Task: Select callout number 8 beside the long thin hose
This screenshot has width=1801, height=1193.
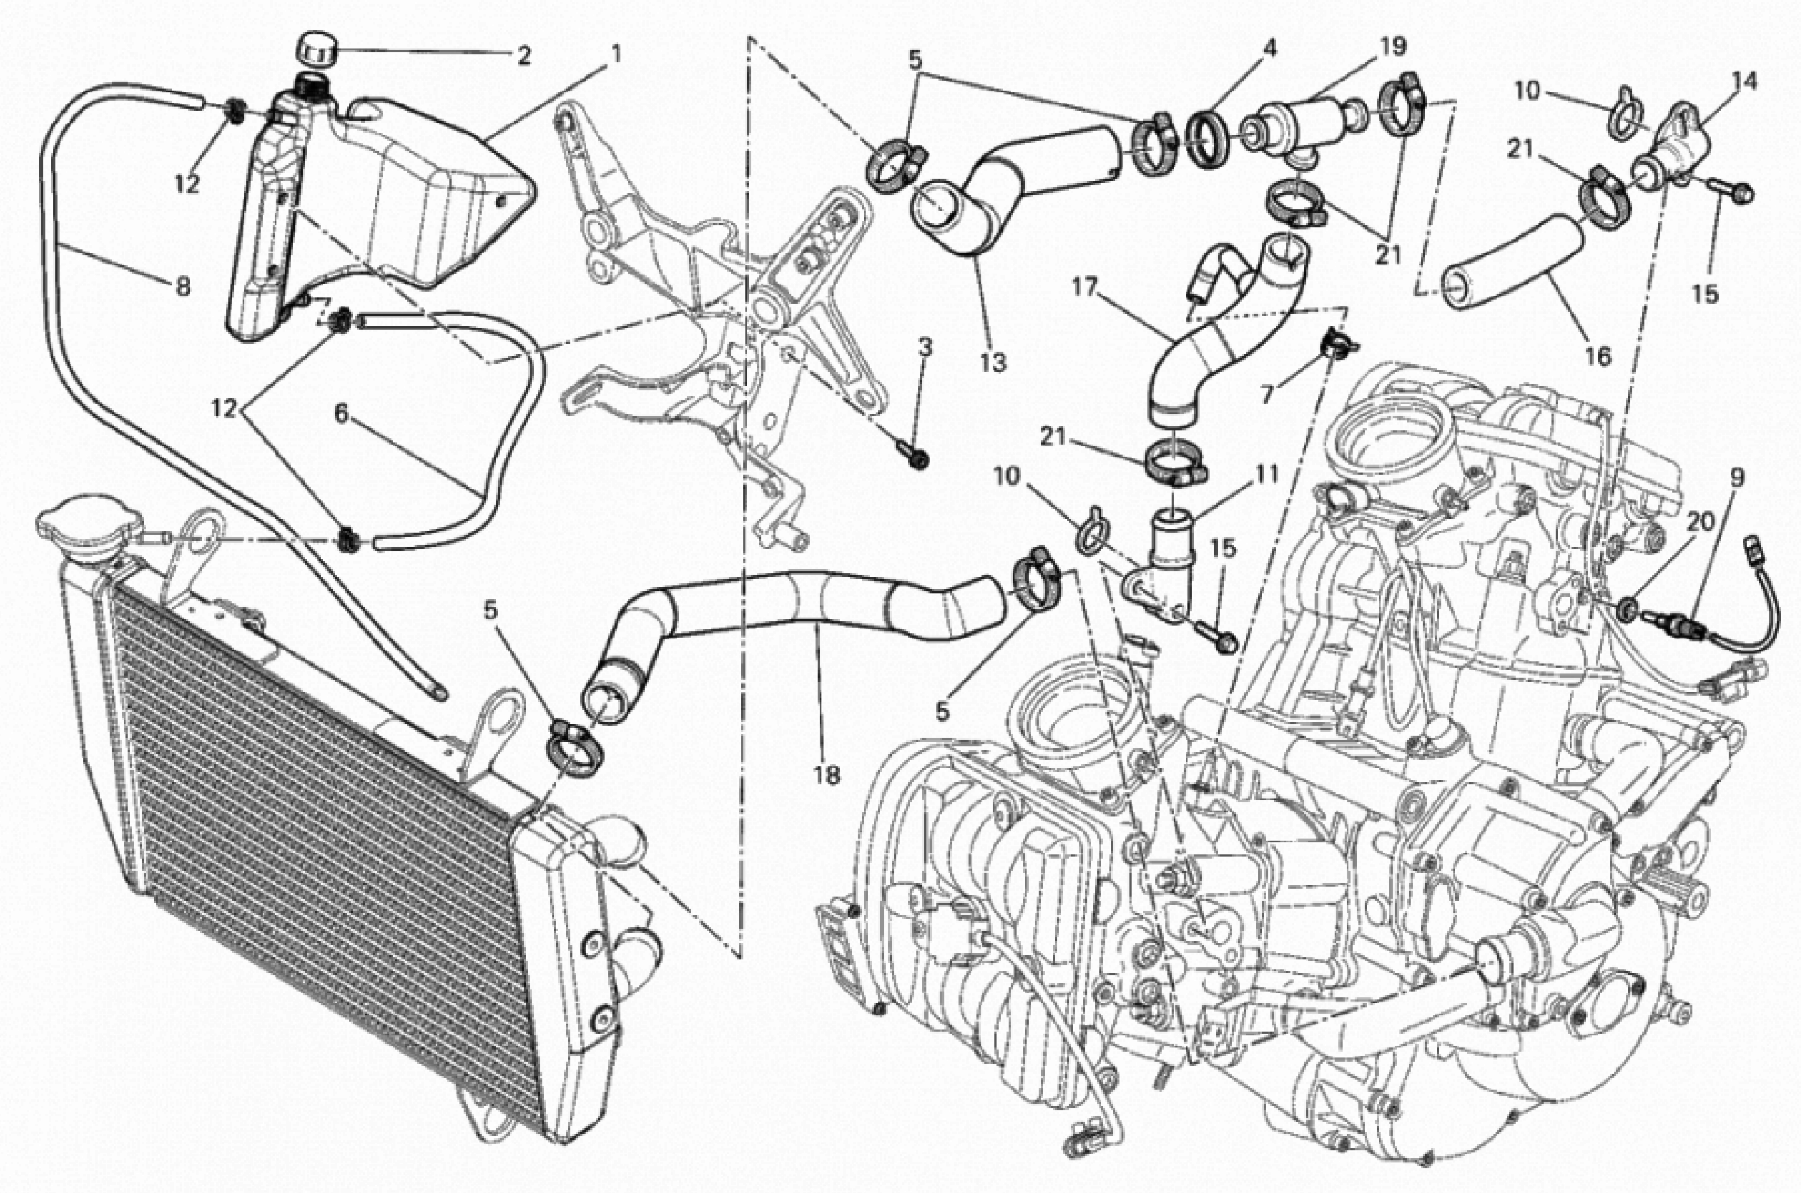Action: click(182, 286)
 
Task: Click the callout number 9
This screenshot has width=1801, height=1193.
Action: click(1737, 478)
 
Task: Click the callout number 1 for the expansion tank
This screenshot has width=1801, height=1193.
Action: click(616, 54)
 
